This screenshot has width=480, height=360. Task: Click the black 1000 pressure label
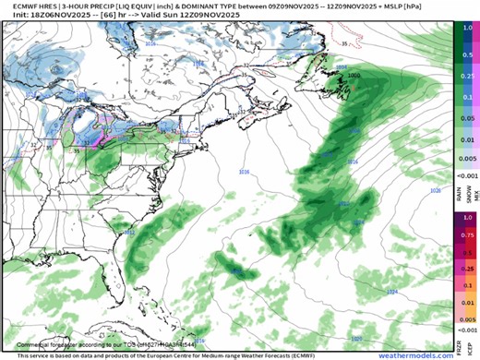click(354, 73)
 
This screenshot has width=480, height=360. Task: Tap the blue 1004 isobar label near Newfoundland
click(342, 66)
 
